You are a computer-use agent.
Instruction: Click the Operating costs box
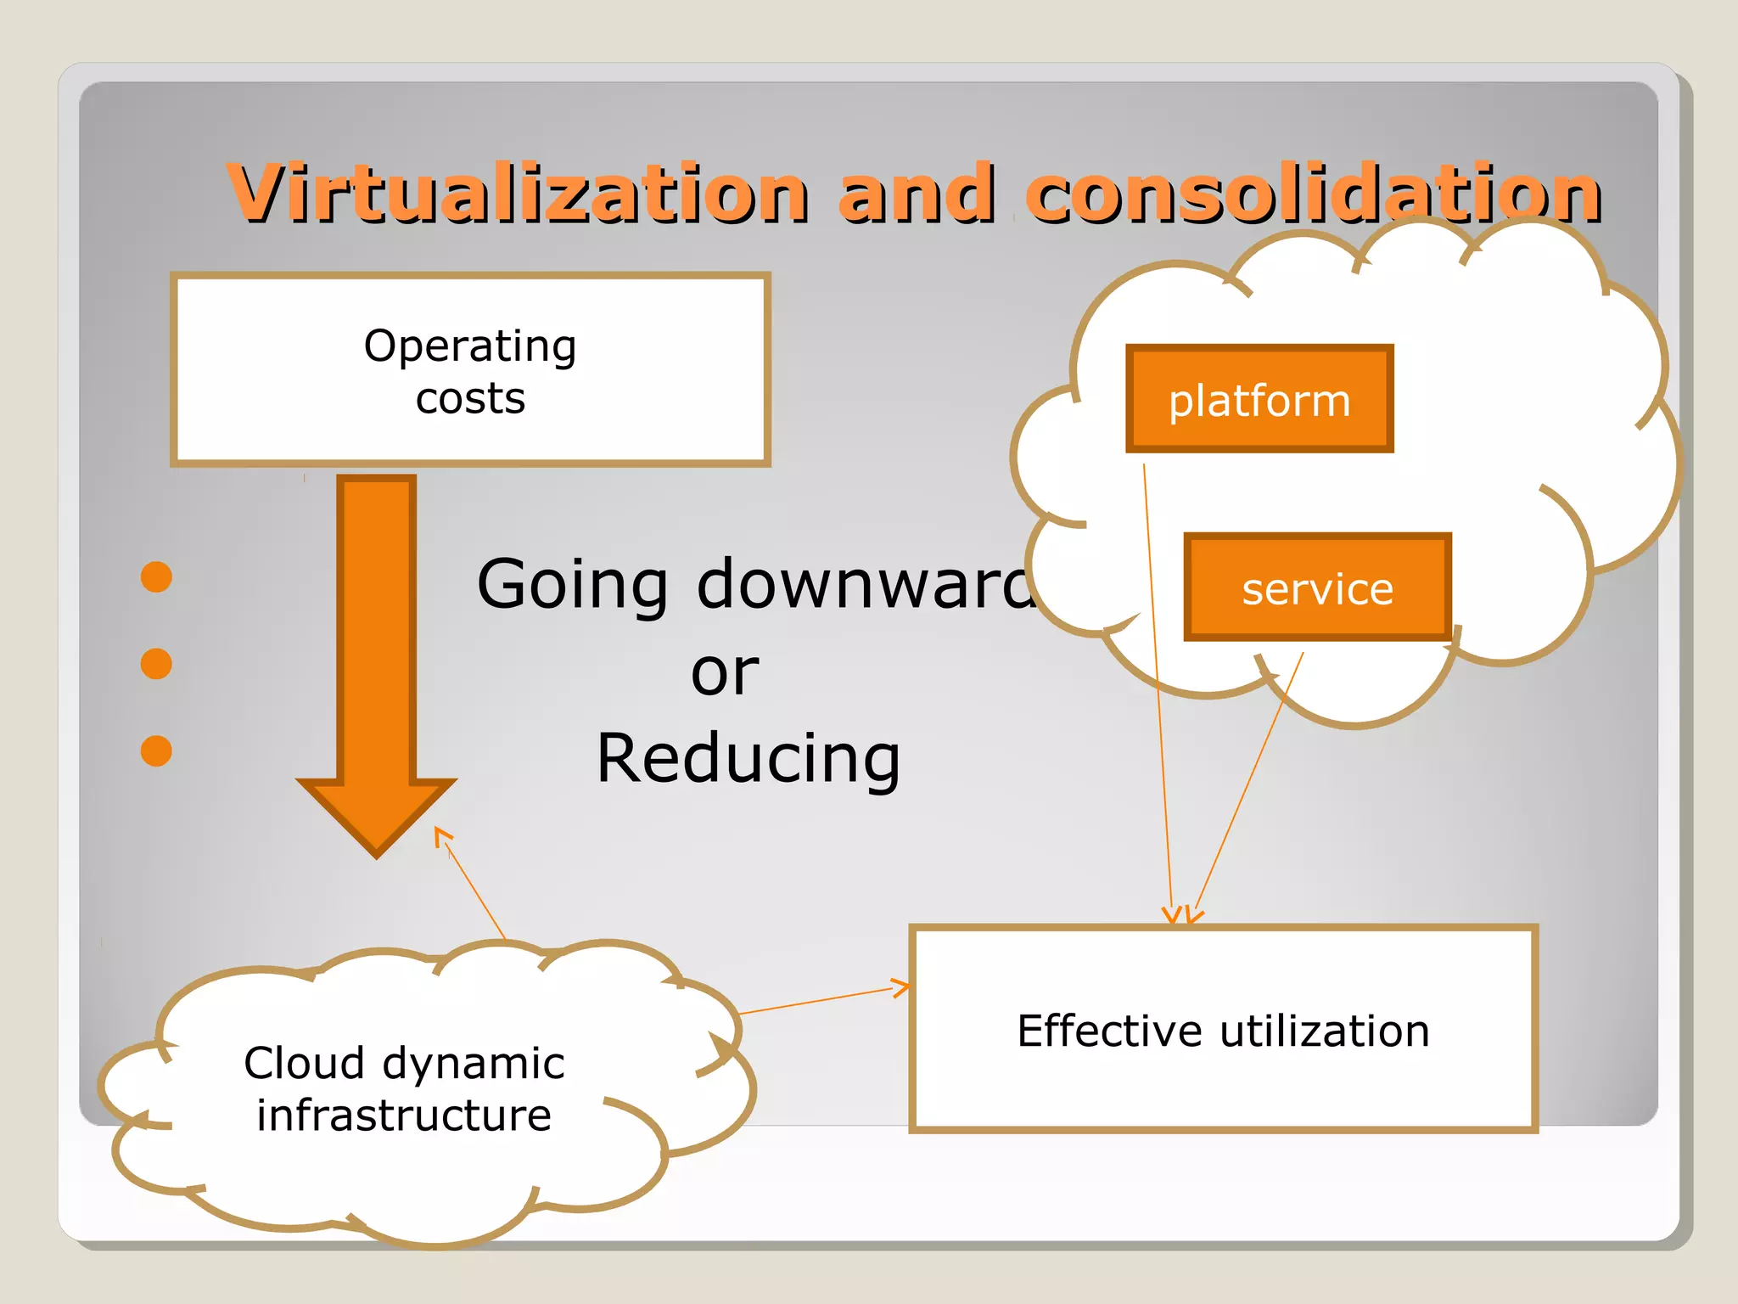tap(471, 370)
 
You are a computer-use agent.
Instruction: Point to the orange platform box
tap(1259, 399)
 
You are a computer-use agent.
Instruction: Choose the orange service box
tap(1317, 587)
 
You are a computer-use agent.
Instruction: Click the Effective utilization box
tap(1223, 1030)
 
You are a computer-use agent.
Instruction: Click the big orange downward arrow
tap(376, 662)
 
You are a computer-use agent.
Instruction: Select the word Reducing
tap(748, 758)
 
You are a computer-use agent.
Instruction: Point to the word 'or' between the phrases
tap(724, 672)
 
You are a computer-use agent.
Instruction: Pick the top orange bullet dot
tap(156, 577)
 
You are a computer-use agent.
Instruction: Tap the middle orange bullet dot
tap(156, 664)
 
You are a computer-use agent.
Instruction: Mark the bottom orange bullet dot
tap(156, 750)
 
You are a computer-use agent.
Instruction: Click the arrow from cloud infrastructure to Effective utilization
tap(823, 1000)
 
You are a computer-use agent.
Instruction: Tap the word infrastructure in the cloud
tap(404, 1116)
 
